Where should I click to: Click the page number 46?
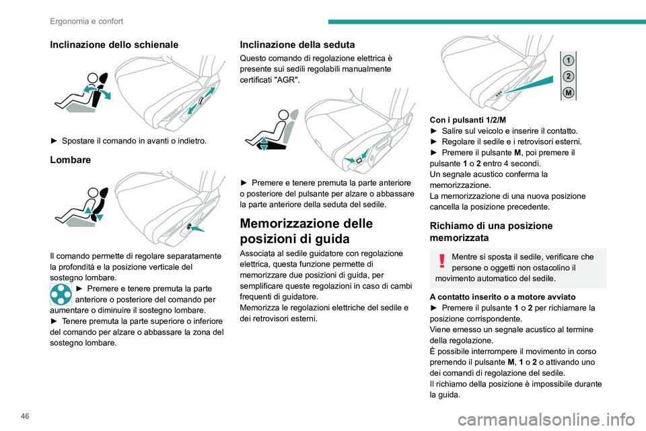click(x=25, y=416)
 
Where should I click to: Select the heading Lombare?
click(x=71, y=160)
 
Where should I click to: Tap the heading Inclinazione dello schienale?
click(x=114, y=44)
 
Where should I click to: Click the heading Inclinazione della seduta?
click(x=297, y=44)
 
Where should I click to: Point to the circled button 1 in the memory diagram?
click(x=569, y=61)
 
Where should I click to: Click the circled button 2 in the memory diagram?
click(x=569, y=76)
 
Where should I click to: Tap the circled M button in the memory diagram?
click(x=569, y=92)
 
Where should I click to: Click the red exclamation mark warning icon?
click(x=441, y=261)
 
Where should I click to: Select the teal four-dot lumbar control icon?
click(x=61, y=294)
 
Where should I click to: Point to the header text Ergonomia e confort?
click(x=87, y=21)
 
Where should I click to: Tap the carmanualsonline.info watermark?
click(x=546, y=420)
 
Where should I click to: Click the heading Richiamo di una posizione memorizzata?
click(x=491, y=232)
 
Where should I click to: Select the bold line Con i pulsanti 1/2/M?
click(x=468, y=120)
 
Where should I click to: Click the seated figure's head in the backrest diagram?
click(x=93, y=77)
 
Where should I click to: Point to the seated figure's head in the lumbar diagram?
click(x=94, y=193)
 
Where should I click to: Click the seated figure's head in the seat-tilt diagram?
click(x=283, y=115)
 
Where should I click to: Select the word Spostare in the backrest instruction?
click(x=78, y=141)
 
